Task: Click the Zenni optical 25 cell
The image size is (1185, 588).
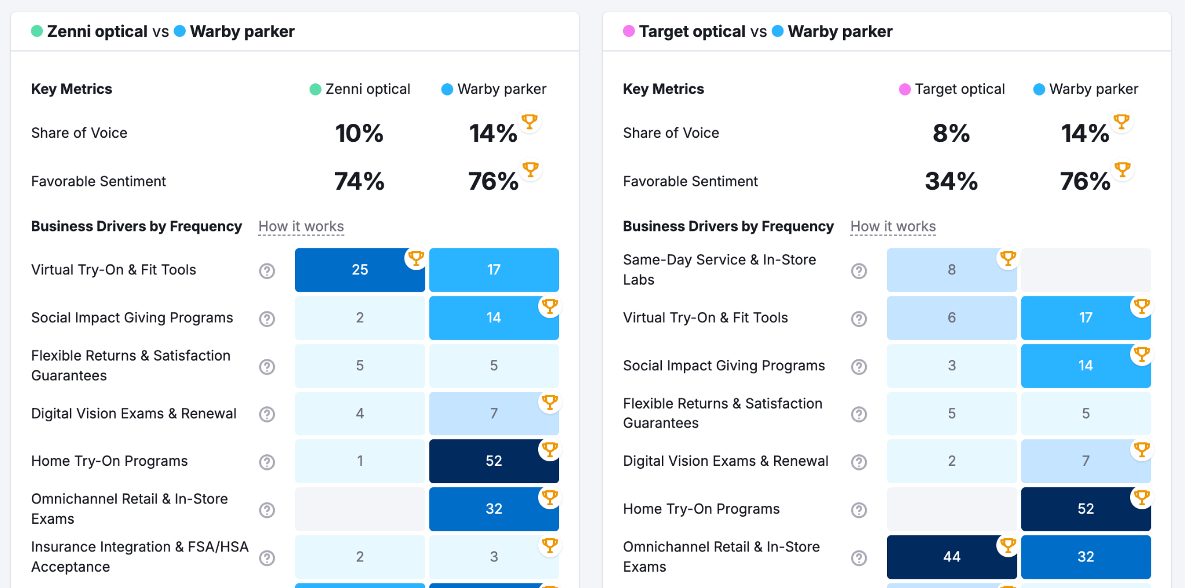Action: click(x=359, y=270)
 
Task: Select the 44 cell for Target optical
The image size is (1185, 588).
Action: click(x=951, y=557)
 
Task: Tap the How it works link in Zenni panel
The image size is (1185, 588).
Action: click(x=301, y=226)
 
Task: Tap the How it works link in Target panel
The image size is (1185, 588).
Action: click(x=893, y=226)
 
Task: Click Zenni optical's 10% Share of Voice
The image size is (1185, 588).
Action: click(x=359, y=133)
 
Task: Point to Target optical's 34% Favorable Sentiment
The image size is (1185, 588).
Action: click(x=951, y=181)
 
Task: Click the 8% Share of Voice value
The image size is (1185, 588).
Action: click(x=951, y=133)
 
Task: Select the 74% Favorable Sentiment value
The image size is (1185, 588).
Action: click(x=359, y=181)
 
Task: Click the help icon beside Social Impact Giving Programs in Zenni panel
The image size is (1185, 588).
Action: click(x=267, y=318)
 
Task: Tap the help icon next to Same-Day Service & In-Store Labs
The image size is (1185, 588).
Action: click(x=859, y=270)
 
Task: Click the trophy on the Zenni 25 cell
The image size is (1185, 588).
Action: click(x=415, y=258)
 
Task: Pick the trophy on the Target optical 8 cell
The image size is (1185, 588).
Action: click(x=1007, y=258)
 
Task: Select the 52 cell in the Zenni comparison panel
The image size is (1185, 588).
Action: click(x=494, y=461)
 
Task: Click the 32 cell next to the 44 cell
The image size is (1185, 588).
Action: click(x=1085, y=557)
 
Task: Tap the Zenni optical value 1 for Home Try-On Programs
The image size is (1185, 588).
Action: click(x=359, y=461)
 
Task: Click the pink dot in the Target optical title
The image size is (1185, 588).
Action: click(x=629, y=31)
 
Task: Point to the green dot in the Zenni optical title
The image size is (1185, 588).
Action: click(x=37, y=31)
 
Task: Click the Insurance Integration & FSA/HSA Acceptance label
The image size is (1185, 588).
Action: click(x=139, y=557)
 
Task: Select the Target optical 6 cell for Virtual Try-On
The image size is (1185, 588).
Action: click(x=951, y=318)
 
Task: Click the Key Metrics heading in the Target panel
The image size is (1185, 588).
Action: click(x=663, y=89)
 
